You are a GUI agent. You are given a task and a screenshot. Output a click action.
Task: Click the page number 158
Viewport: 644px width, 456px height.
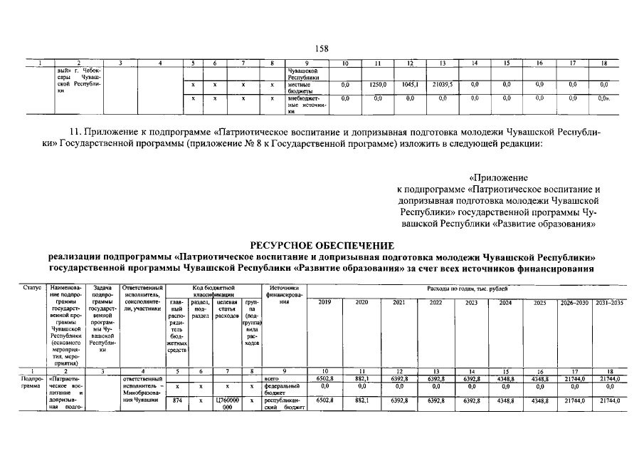click(x=322, y=48)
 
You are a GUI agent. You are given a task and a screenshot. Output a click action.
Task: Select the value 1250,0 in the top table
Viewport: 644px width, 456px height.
click(x=377, y=84)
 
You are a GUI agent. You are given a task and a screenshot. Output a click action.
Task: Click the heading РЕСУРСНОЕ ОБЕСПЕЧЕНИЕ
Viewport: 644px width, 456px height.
click(x=322, y=245)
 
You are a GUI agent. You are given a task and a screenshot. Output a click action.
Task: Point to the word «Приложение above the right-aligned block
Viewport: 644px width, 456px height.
click(x=498, y=177)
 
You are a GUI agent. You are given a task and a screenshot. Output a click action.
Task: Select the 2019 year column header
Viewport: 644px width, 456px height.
click(x=324, y=302)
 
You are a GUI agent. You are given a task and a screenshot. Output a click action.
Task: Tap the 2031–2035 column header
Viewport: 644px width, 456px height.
click(x=608, y=302)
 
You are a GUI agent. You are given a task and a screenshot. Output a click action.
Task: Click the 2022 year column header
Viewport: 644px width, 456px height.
click(x=436, y=302)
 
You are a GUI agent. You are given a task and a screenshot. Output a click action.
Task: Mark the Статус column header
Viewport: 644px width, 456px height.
click(x=32, y=287)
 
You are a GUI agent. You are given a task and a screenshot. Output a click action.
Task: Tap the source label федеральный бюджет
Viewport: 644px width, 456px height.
click(x=281, y=389)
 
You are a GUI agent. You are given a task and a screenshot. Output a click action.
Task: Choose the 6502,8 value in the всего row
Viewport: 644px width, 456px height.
click(x=324, y=379)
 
